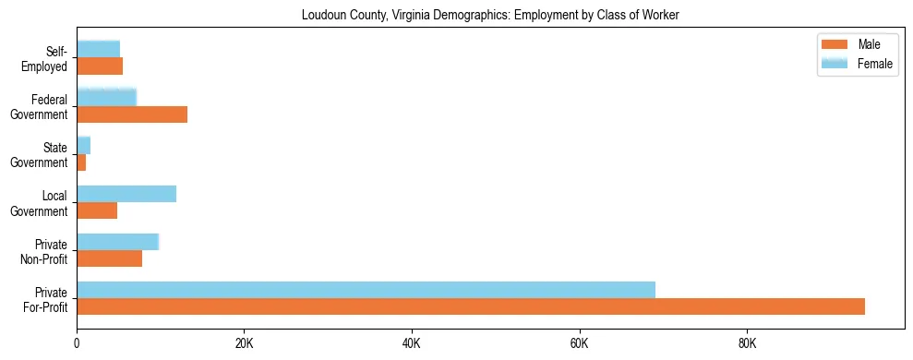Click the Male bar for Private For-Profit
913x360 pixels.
click(x=471, y=306)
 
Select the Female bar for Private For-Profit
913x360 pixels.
click(x=366, y=290)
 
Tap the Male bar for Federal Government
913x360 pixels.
click(x=132, y=114)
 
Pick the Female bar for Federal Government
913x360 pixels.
click(x=106, y=97)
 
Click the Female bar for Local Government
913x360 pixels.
click(x=126, y=194)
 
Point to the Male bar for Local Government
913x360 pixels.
click(x=97, y=210)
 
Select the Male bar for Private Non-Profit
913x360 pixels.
click(x=109, y=258)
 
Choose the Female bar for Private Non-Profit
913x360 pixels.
click(x=118, y=242)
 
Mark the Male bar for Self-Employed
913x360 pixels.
click(x=100, y=66)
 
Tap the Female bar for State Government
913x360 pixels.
click(x=83, y=145)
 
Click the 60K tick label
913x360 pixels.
click(x=579, y=344)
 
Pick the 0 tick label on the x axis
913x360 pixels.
click(x=77, y=344)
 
